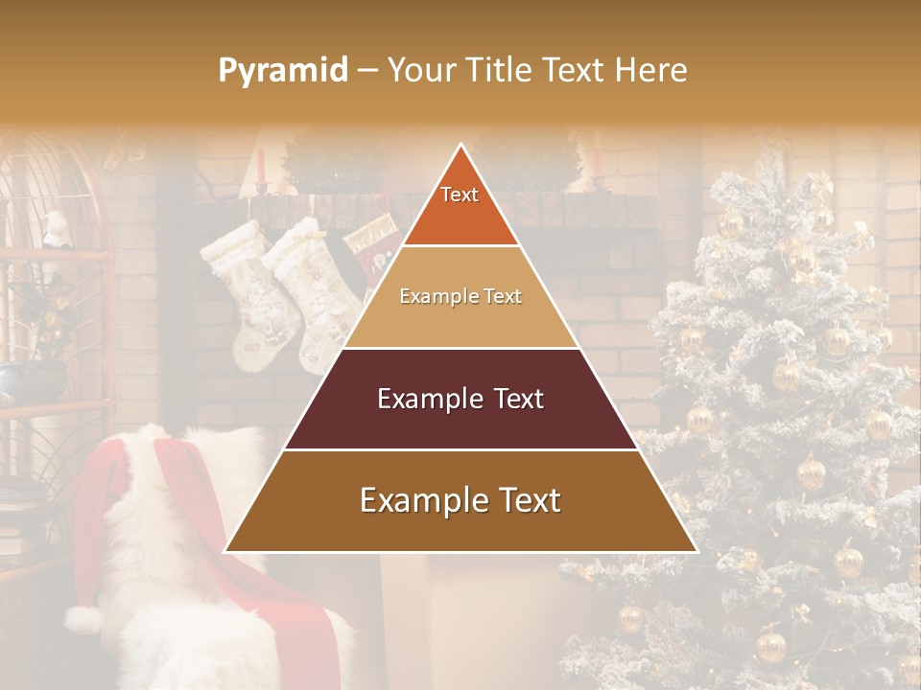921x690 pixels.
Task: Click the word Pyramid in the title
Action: [282, 71]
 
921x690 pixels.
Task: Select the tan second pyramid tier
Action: [460, 297]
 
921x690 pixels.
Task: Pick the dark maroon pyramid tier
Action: [460, 399]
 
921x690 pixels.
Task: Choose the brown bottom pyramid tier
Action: [460, 501]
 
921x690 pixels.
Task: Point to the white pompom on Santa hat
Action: [84, 620]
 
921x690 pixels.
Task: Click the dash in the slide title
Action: [367, 71]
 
